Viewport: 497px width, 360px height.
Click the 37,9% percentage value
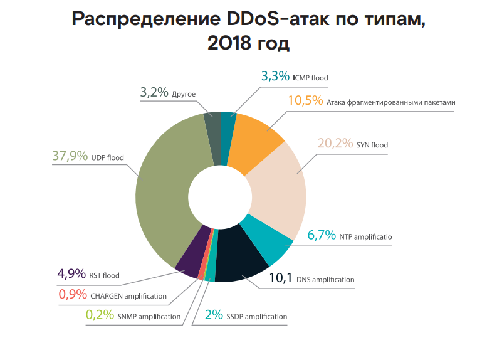tap(70, 156)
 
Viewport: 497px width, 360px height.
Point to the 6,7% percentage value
tap(322, 236)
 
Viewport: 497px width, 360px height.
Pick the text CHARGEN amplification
tap(128, 296)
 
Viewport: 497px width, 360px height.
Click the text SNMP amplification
tap(149, 317)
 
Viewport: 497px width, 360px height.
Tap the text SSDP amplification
tap(257, 317)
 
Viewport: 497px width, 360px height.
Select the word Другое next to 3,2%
tap(184, 94)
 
